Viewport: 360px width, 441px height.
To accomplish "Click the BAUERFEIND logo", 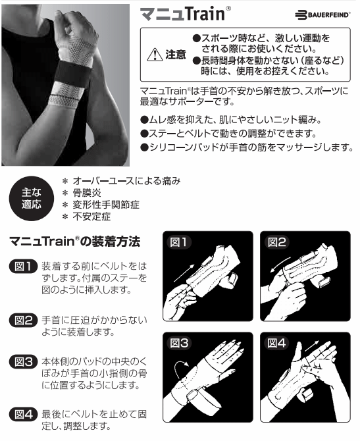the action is tap(322, 15).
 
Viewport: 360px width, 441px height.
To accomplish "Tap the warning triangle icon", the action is tap(155, 55).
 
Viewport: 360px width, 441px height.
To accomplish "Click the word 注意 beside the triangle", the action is tap(176, 55).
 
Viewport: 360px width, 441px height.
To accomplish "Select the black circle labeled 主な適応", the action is tap(32, 199).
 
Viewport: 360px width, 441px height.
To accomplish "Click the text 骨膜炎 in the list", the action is tap(87, 193).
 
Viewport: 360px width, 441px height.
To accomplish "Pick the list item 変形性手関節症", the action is tap(106, 205).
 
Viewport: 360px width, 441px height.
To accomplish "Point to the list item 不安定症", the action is tap(91, 217).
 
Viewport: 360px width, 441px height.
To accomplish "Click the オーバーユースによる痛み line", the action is tap(126, 181).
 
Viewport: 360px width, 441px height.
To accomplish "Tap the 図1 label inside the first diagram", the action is tap(178, 242).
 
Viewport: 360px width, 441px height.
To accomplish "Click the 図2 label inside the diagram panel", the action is tap(276, 242).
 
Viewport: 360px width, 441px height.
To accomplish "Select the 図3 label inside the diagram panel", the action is tap(179, 343).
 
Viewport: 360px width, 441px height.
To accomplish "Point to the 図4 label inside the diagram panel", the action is tap(276, 343).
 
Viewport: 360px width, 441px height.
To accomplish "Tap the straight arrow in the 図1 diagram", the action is tap(184, 272).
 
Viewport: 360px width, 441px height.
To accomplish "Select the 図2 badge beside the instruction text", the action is tap(23, 321).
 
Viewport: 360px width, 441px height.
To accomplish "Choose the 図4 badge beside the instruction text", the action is tap(23, 414).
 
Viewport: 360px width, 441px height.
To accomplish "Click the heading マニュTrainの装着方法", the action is tap(74, 242).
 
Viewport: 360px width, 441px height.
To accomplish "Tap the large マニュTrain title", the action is tap(186, 14).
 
